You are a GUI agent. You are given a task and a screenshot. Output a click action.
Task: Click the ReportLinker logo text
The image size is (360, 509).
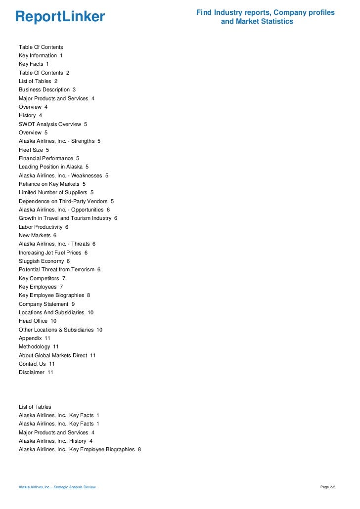tap(60, 17)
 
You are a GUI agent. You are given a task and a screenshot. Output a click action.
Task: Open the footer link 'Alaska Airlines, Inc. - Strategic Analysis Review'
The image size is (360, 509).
tap(57, 487)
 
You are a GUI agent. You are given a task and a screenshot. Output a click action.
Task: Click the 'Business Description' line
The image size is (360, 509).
tap(47, 89)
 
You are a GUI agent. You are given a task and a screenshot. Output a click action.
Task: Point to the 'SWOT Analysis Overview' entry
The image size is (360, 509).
tap(52, 124)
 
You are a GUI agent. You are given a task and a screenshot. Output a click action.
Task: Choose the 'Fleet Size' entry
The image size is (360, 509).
tap(34, 150)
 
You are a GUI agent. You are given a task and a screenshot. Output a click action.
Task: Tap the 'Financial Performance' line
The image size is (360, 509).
tap(48, 158)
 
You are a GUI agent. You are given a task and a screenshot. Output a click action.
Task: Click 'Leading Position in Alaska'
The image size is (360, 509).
tap(53, 167)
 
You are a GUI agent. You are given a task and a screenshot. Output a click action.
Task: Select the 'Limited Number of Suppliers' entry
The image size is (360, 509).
tap(56, 192)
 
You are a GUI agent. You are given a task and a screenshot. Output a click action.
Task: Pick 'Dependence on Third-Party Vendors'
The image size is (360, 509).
tap(66, 201)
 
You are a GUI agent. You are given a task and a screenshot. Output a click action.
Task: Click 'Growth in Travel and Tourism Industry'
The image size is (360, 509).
tap(68, 218)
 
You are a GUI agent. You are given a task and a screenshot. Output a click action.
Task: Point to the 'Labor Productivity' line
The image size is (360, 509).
tap(43, 227)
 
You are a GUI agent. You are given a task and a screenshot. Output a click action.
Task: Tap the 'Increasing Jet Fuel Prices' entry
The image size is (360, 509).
tap(53, 253)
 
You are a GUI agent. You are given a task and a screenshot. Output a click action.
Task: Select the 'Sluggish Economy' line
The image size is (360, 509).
tap(44, 261)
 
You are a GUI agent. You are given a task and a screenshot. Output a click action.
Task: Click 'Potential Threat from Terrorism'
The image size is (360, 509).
tap(59, 269)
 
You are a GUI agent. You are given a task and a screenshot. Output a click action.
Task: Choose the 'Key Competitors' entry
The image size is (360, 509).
tap(42, 278)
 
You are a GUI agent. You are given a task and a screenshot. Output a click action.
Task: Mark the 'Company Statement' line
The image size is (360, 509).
tap(46, 304)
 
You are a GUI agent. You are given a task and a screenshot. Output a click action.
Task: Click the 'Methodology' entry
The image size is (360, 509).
tap(39, 346)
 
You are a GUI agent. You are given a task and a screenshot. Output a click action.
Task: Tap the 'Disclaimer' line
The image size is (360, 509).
tap(36, 372)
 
